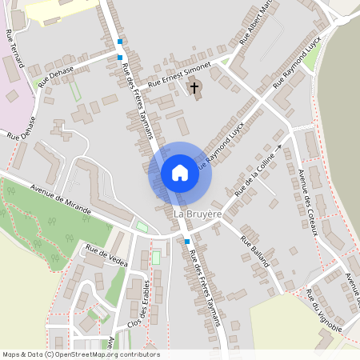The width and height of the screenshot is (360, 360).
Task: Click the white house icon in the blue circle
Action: pos(180,173)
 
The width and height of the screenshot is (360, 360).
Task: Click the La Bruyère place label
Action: pos(198,215)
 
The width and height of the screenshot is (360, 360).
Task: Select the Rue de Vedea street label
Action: pos(106,255)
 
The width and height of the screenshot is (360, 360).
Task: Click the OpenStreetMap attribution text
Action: pos(81,354)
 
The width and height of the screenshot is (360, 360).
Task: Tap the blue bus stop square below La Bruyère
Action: pos(187,241)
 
